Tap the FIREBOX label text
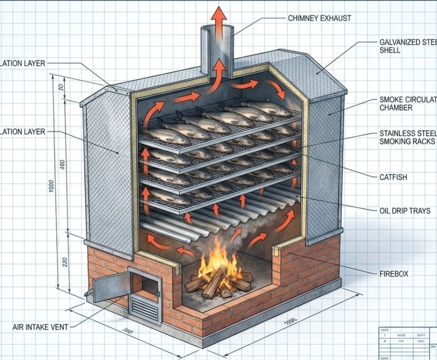[x=394, y=273]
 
